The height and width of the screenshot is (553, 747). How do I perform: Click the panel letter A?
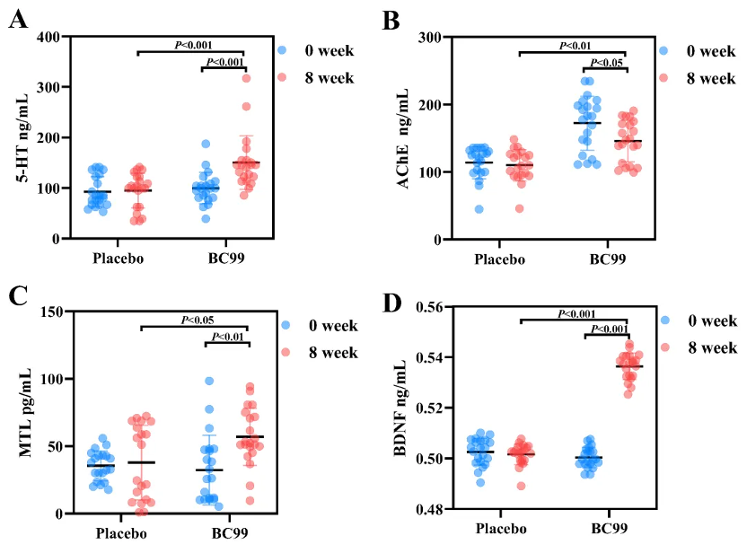[17, 20]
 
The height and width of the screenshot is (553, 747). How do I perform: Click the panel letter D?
[392, 303]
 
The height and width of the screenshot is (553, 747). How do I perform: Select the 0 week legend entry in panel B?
[698, 51]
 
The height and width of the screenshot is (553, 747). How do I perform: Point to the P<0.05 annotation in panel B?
[604, 62]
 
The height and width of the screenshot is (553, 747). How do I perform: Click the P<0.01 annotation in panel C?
[225, 337]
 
